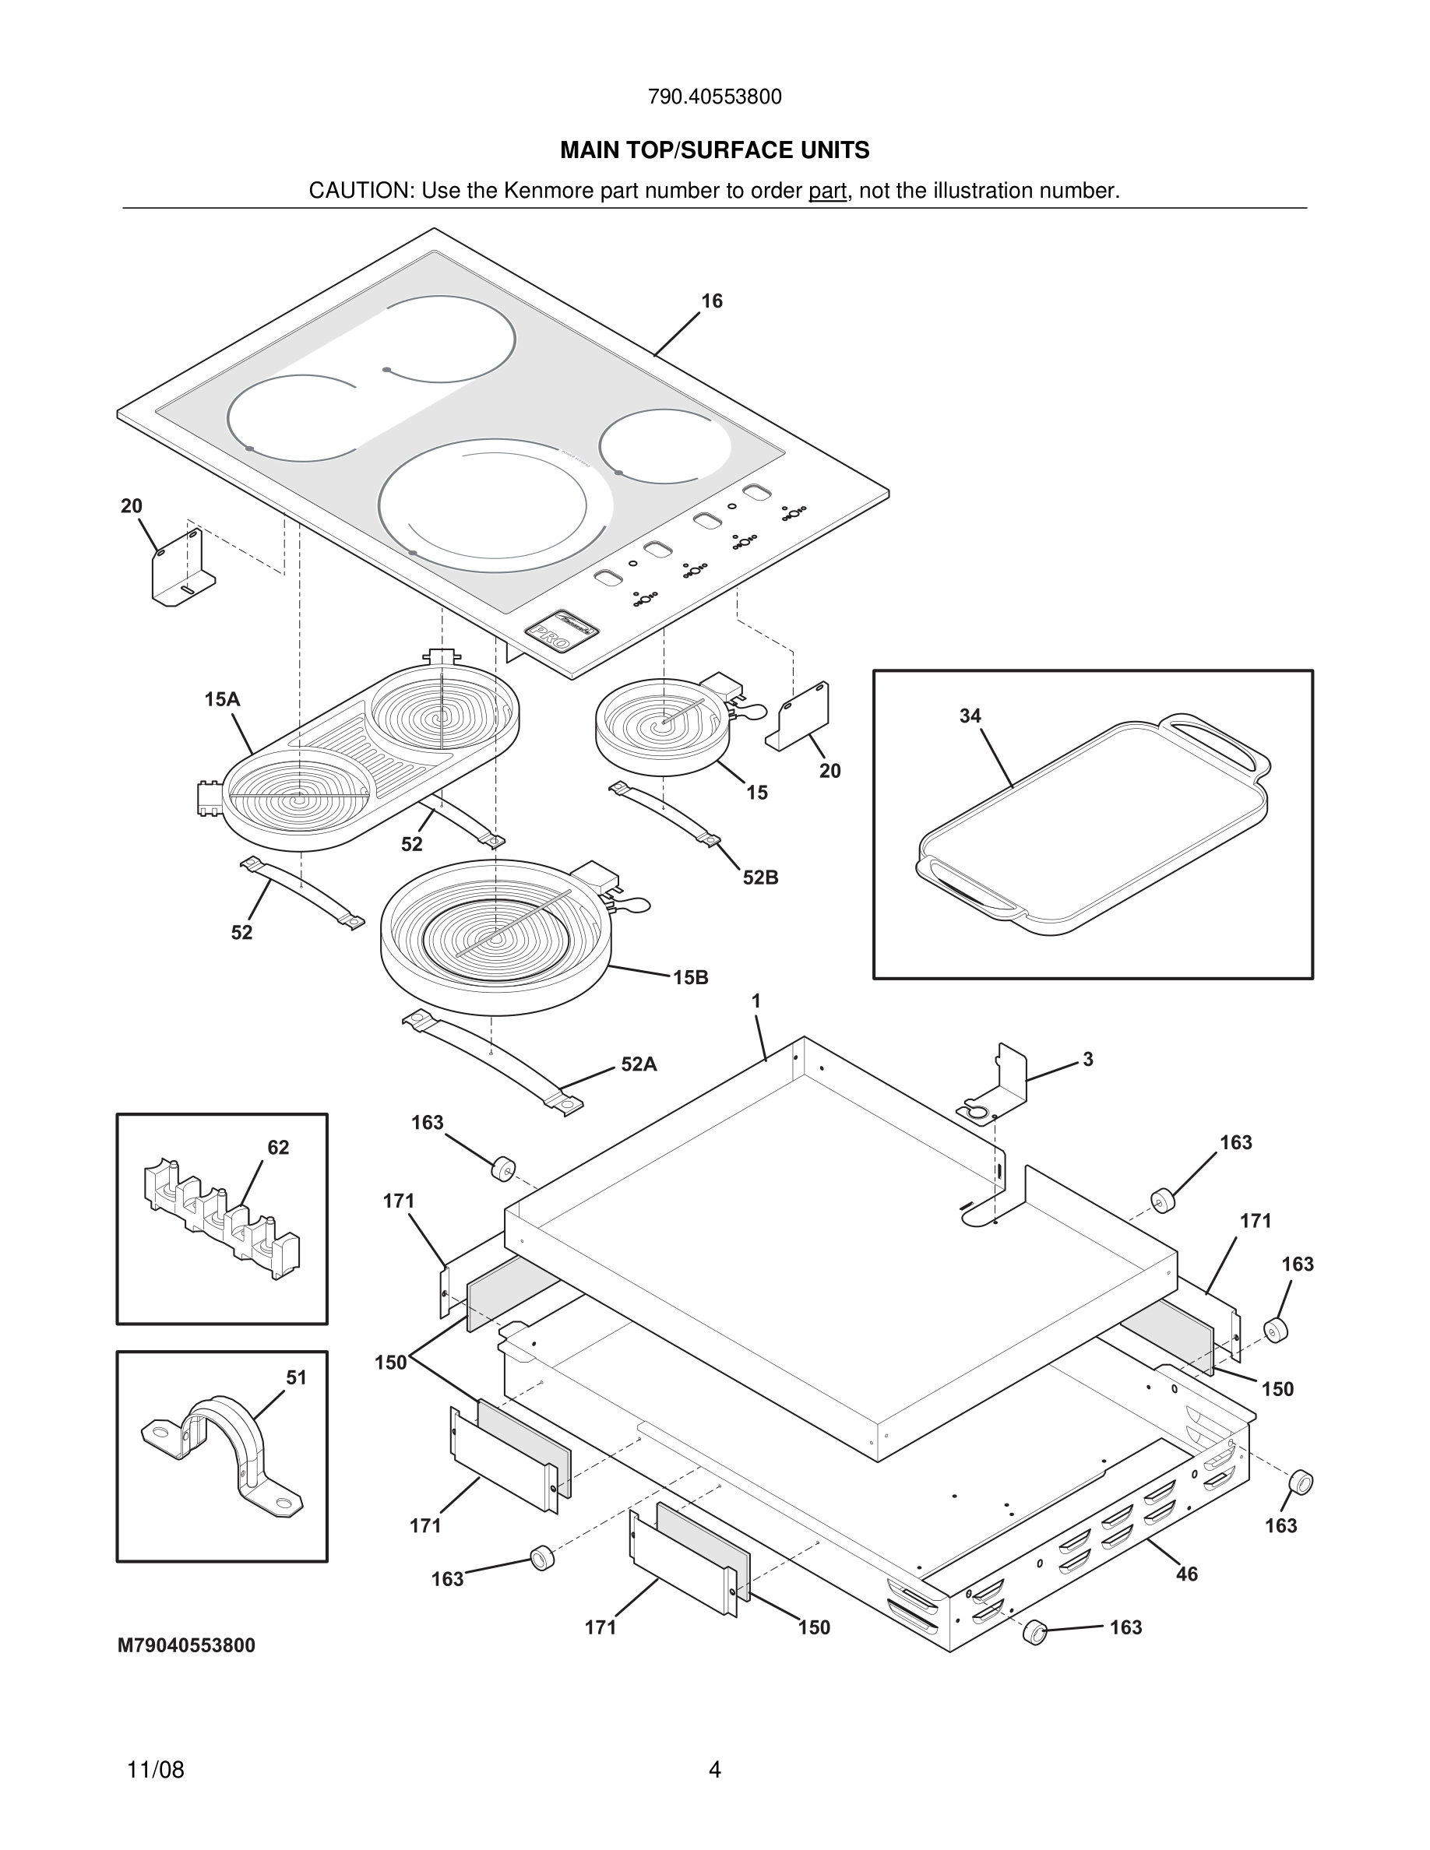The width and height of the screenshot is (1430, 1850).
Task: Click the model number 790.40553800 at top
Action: (x=714, y=97)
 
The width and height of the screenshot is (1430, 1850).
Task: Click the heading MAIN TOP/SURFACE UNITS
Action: (x=714, y=151)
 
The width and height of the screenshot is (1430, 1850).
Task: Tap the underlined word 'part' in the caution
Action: (x=827, y=192)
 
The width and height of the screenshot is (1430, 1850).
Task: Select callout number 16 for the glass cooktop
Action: (x=712, y=301)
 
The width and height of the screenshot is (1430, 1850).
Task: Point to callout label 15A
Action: (x=222, y=699)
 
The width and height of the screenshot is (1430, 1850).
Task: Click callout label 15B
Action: (x=690, y=977)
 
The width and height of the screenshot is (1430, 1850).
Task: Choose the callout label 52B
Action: (x=760, y=878)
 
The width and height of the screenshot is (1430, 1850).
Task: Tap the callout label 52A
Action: (x=639, y=1064)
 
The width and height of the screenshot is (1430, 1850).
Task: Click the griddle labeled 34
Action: (x=1093, y=826)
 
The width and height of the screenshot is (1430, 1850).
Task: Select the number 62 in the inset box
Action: (x=278, y=1148)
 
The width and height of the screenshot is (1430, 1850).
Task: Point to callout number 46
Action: (x=1187, y=1574)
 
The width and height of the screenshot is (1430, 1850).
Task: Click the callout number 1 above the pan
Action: (x=756, y=1001)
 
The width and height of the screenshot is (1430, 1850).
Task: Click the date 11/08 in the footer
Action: (x=155, y=1770)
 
